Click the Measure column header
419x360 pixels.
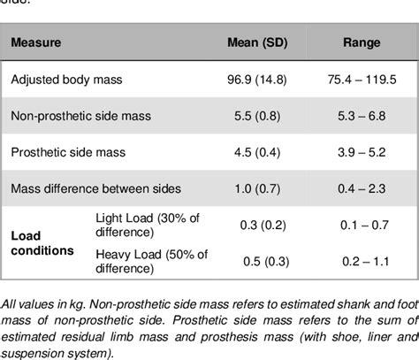point(36,42)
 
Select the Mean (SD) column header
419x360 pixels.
point(256,42)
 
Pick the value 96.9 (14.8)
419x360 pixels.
point(256,79)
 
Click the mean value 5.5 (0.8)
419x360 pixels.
point(256,116)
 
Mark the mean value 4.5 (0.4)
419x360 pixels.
point(256,152)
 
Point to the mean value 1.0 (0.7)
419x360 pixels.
point(256,188)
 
